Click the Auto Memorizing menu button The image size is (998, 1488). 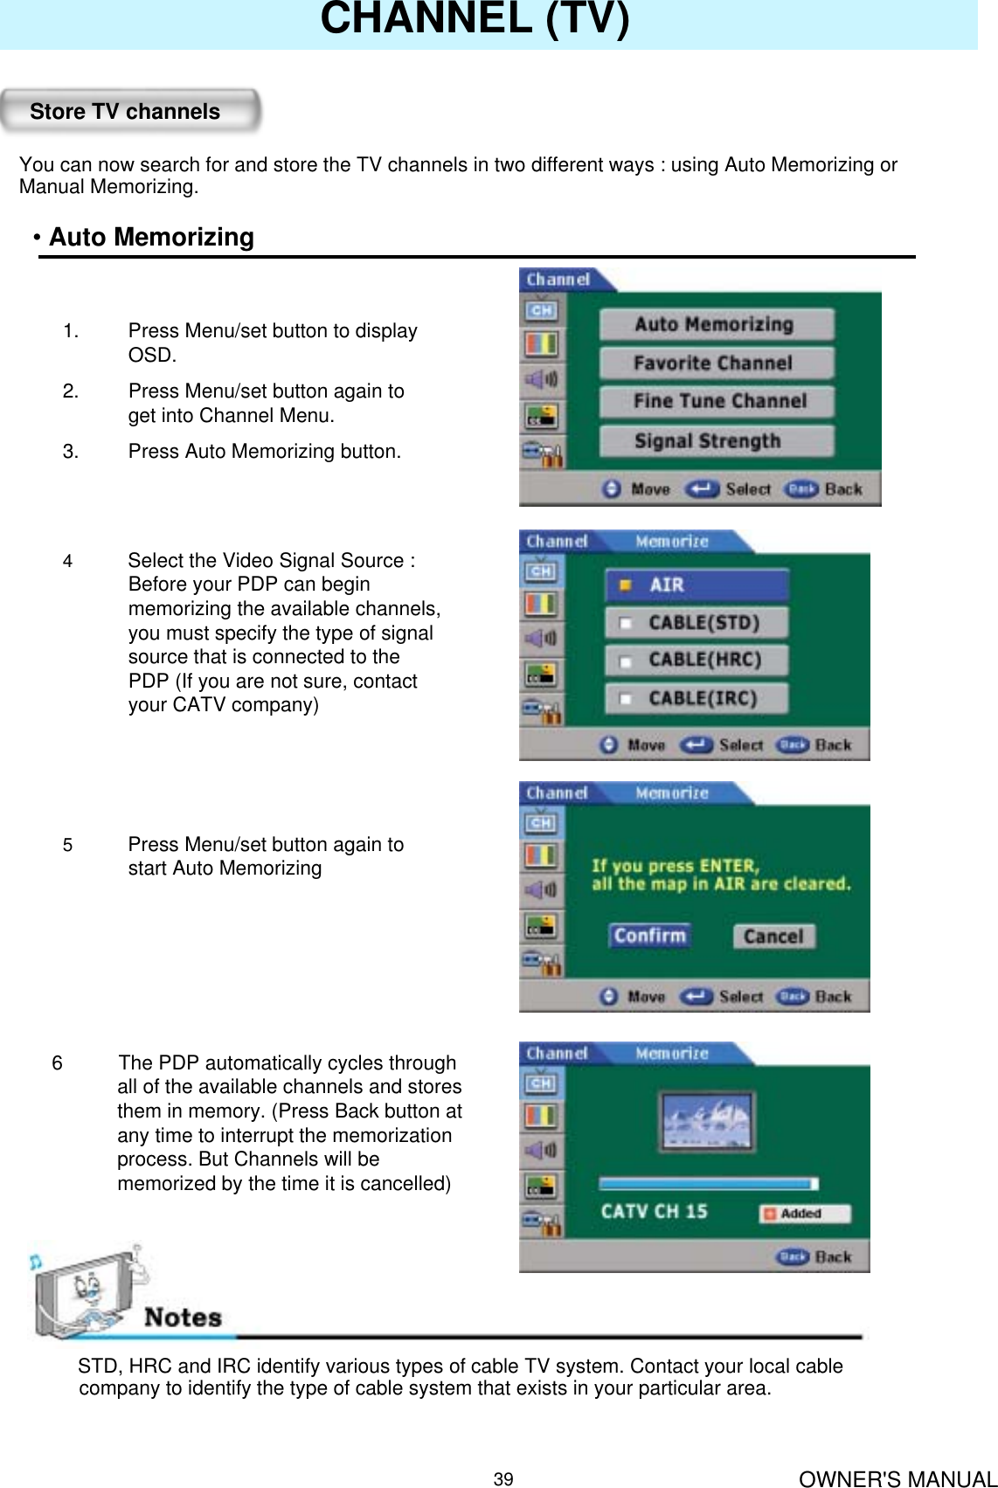[x=716, y=325]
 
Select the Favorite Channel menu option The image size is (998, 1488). [x=716, y=363]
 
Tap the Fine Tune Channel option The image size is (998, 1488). [x=716, y=402]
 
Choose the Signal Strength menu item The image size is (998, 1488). [x=716, y=441]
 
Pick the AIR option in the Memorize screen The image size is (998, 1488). [x=697, y=585]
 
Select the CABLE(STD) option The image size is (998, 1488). [x=697, y=623]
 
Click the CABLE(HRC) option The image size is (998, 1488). [x=697, y=660]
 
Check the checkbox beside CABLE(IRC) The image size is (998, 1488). [x=626, y=699]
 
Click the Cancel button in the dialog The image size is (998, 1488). [x=773, y=937]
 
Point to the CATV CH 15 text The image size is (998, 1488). [x=654, y=1212]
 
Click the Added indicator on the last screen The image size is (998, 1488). [x=804, y=1214]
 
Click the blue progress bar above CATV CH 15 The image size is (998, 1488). [x=708, y=1184]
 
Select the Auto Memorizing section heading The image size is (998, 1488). [x=150, y=238]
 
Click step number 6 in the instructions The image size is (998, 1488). [x=57, y=1063]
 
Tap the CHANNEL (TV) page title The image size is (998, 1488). [x=475, y=19]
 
